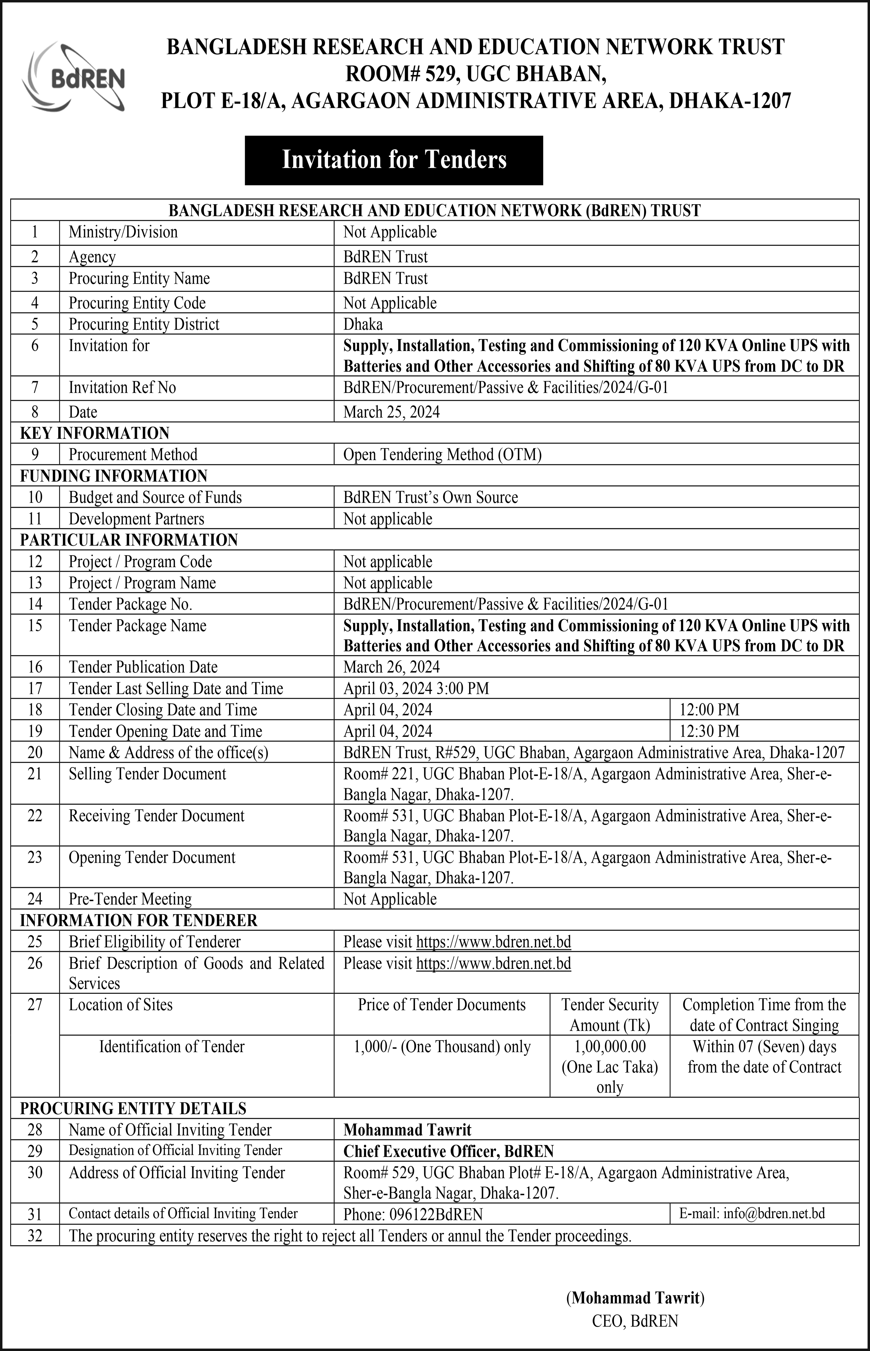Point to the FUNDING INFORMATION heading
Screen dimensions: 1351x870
(x=113, y=476)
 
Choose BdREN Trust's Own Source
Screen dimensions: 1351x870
(x=430, y=497)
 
